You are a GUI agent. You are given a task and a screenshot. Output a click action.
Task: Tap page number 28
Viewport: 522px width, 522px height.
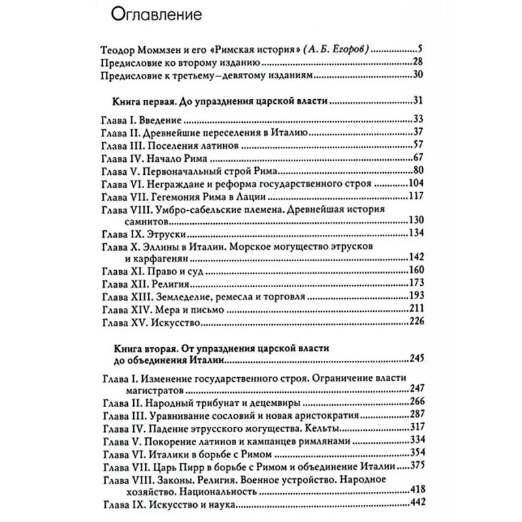click(x=418, y=63)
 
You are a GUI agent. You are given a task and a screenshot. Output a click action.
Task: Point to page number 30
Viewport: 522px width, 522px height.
click(x=418, y=77)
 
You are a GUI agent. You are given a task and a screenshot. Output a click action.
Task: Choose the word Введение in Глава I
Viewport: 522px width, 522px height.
click(x=157, y=121)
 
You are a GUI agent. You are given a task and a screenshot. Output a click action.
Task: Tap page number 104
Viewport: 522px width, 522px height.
click(x=416, y=183)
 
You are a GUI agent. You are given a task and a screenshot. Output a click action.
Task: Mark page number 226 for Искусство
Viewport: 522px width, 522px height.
click(x=416, y=322)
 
